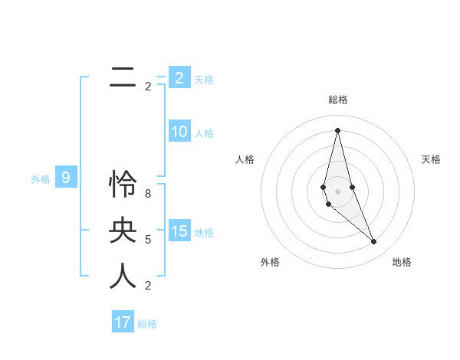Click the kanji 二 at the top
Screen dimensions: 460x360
point(123,78)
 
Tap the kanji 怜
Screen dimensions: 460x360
point(123,184)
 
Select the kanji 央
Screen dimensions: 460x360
point(123,230)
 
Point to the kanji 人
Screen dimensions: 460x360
point(123,276)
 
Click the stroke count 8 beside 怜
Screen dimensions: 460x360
point(148,194)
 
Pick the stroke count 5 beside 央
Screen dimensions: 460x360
point(148,240)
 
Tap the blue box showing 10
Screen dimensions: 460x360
point(179,132)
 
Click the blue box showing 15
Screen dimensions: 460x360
point(179,231)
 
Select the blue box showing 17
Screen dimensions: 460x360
point(123,322)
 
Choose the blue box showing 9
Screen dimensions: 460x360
point(66,178)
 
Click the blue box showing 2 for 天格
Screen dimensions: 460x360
point(179,78)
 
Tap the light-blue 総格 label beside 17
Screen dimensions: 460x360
point(147,324)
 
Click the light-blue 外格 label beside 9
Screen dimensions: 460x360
point(41,180)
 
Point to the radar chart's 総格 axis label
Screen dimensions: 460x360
point(337,100)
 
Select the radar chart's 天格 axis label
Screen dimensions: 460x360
point(431,159)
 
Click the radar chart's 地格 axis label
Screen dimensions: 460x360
point(402,262)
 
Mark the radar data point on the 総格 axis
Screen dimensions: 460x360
point(337,129)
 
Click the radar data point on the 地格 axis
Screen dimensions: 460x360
point(373,242)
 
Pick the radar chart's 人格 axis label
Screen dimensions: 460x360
point(245,159)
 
